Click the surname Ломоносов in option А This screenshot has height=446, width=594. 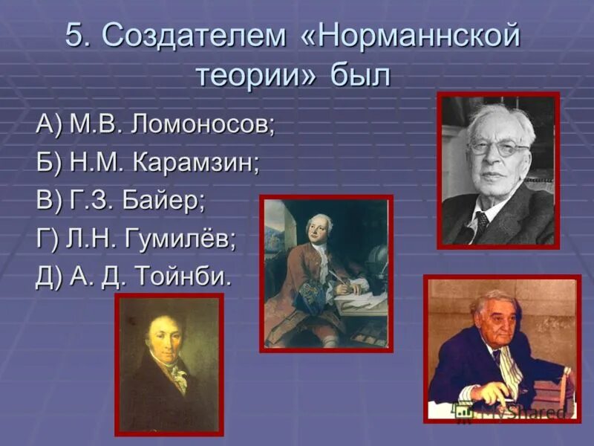[202, 125]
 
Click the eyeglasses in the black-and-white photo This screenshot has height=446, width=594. [498, 146]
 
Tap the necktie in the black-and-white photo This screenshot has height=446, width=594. [481, 223]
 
